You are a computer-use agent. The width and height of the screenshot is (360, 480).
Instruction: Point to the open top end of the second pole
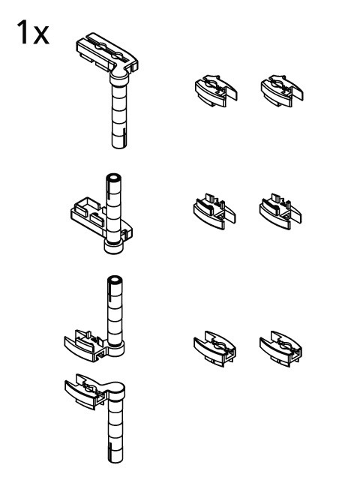pos(114,178)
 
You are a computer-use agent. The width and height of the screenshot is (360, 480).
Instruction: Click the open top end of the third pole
pos(114,280)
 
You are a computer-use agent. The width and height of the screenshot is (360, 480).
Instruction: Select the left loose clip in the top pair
pos(211,90)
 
